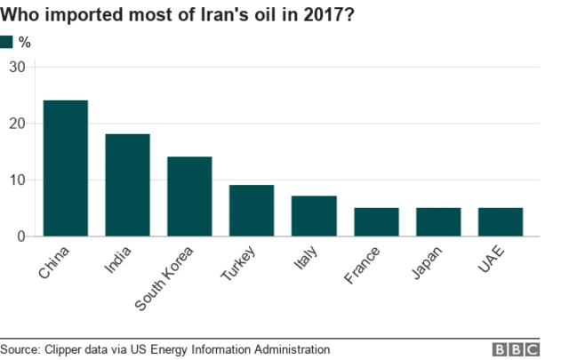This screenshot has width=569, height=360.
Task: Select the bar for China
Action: tap(66, 168)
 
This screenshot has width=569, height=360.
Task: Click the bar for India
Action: tap(127, 185)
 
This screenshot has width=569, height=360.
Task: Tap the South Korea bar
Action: tap(189, 196)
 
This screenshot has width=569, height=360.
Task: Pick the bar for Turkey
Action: tap(252, 211)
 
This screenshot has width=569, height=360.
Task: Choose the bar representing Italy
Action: tap(314, 216)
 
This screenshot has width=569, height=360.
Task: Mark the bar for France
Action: tap(376, 222)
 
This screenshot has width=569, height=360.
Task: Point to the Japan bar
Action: tap(438, 222)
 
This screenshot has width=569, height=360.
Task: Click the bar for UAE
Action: tap(501, 222)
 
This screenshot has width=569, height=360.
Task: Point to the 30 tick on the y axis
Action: tap(18, 67)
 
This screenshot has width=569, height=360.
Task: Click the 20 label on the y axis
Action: tap(18, 124)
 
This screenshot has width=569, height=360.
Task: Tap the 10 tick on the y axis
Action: tap(18, 180)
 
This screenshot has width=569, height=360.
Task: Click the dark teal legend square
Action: tap(7, 42)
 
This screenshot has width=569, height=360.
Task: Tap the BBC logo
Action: tap(517, 349)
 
